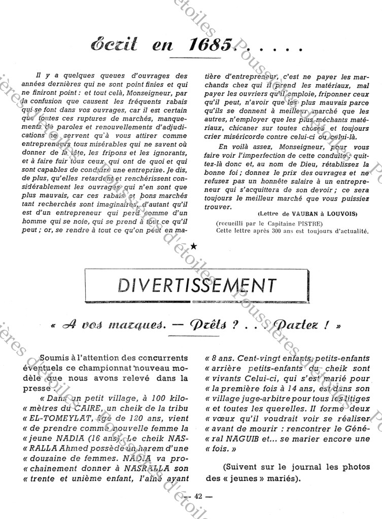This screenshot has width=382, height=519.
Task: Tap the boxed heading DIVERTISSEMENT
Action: point(197,285)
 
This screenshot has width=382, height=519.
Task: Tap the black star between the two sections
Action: point(194,246)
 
